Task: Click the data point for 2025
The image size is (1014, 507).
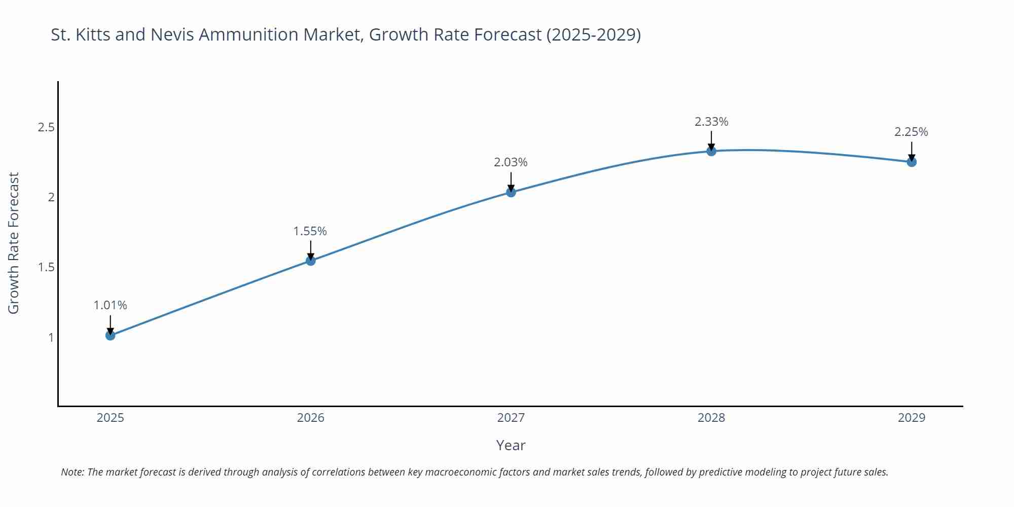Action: click(x=111, y=335)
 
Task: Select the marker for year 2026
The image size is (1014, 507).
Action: click(x=311, y=261)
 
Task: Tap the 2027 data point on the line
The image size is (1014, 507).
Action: click(x=511, y=192)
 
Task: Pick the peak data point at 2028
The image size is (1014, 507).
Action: click(x=711, y=151)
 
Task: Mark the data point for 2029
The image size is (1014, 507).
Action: click(x=912, y=162)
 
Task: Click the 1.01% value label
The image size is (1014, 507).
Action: click(x=111, y=305)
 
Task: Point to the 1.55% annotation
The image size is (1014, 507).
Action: click(x=310, y=231)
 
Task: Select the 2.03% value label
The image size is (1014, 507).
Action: click(x=511, y=162)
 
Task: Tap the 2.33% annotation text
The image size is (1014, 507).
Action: click(x=711, y=122)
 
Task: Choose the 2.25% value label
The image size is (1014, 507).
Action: click(x=911, y=132)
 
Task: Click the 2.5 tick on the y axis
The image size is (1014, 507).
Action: click(x=46, y=127)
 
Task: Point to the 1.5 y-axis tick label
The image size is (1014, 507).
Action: click(x=46, y=267)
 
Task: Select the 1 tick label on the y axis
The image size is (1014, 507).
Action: click(x=51, y=337)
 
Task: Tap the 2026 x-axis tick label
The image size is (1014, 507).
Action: click(x=311, y=418)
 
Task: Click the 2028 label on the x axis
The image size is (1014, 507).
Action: click(x=711, y=418)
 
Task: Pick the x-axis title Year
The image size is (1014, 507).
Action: click(x=511, y=445)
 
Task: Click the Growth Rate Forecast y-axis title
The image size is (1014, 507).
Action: click(x=14, y=243)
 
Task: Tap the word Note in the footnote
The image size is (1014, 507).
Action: click(x=73, y=472)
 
